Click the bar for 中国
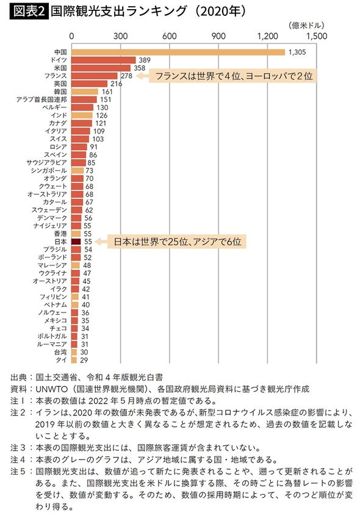(x=178, y=52)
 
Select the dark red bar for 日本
(x=76, y=242)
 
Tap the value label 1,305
(x=296, y=52)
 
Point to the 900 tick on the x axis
(x=218, y=36)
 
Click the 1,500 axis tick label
(x=317, y=36)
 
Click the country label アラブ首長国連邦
(x=41, y=99)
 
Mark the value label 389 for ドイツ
(x=145, y=60)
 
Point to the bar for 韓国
(x=85, y=92)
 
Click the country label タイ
(x=62, y=360)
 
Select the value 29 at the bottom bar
(x=84, y=360)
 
